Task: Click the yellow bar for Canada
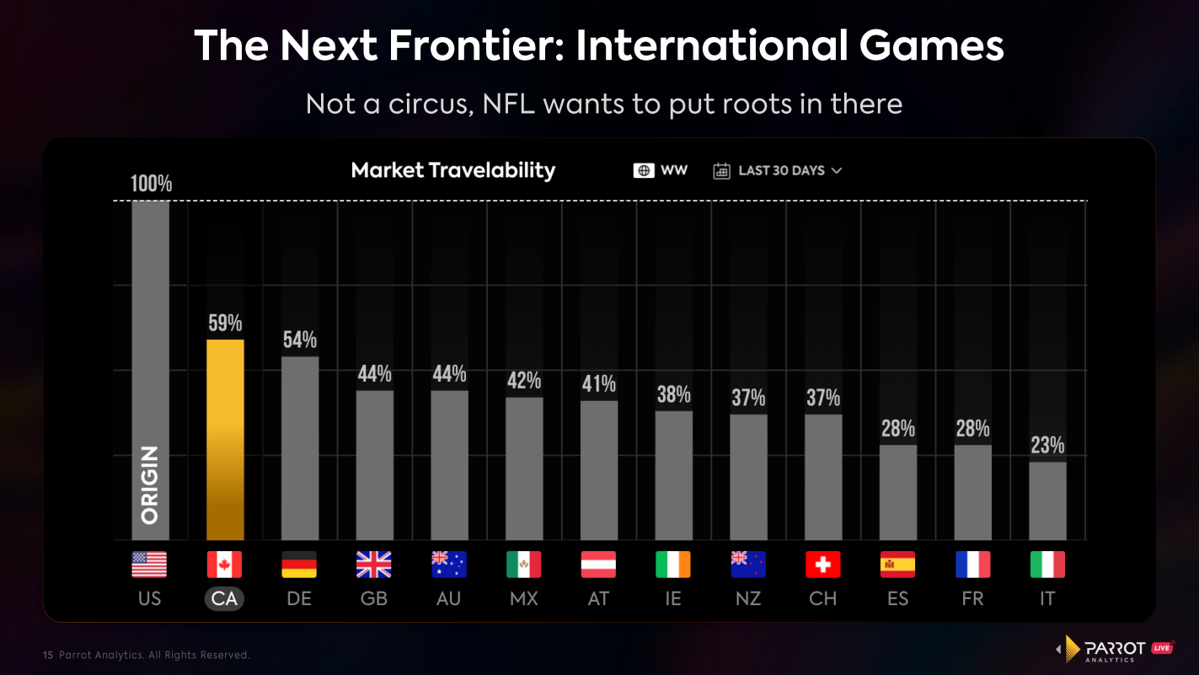click(x=225, y=439)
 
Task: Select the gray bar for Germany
click(x=299, y=447)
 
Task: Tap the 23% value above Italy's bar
click(x=1047, y=445)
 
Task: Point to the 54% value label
click(x=299, y=340)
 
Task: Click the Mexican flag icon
click(x=523, y=565)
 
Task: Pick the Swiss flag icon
click(x=822, y=565)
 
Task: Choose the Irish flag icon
click(x=672, y=565)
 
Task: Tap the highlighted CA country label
click(x=224, y=599)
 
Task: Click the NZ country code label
click(x=747, y=599)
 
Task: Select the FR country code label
click(x=972, y=599)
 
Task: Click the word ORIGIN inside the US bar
click(x=150, y=486)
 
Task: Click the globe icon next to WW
click(x=645, y=170)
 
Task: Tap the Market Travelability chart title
click(x=452, y=170)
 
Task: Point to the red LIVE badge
click(x=1162, y=647)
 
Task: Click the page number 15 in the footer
click(x=47, y=655)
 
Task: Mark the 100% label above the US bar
click(x=151, y=183)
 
